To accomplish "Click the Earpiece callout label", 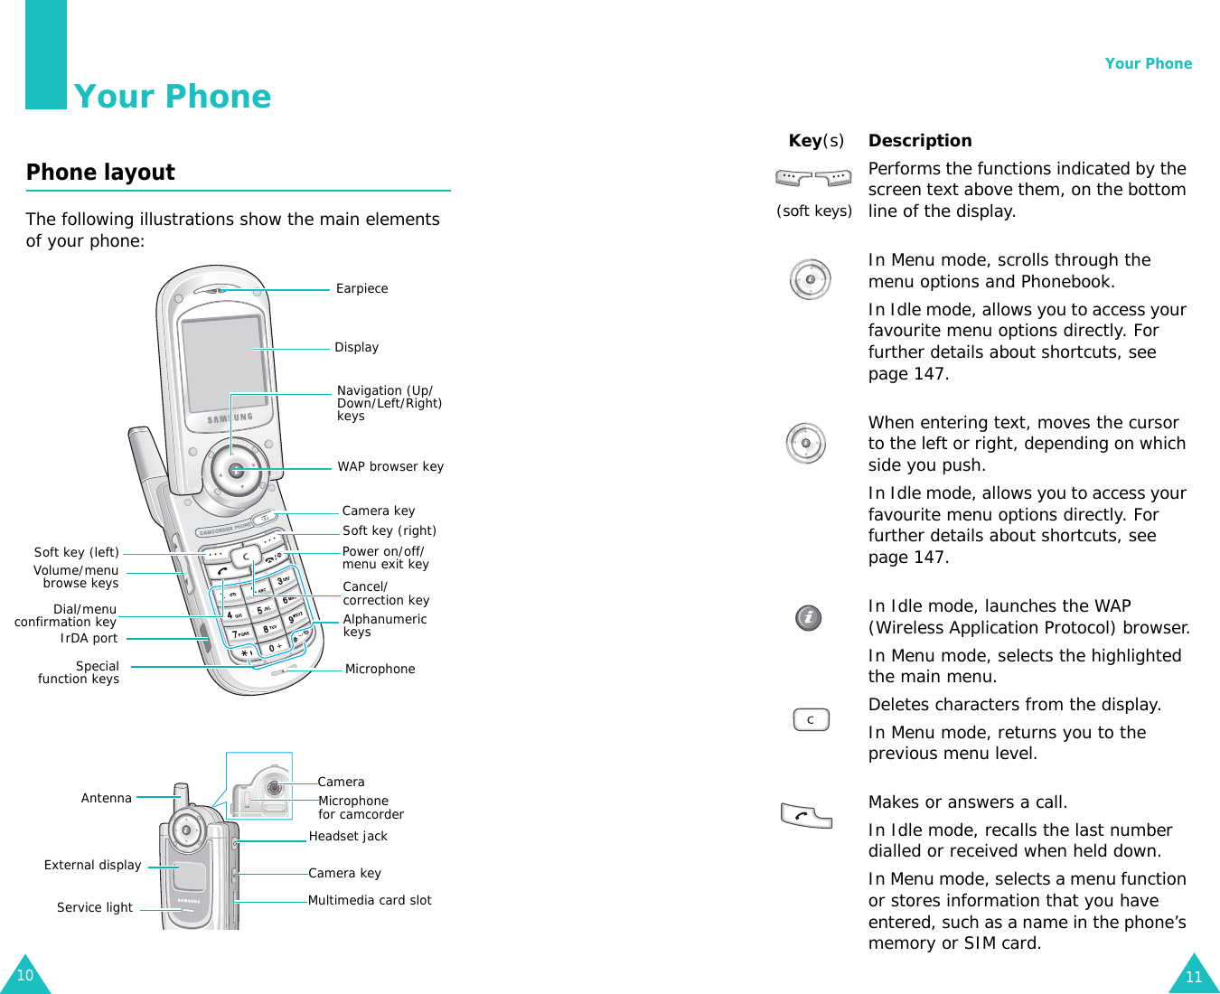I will click(361, 289).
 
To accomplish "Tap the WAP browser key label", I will click(390, 467).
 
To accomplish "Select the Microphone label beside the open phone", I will click(380, 670).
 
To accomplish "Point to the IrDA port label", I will click(89, 639).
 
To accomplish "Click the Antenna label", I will click(106, 799).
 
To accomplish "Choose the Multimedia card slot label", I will click(370, 901).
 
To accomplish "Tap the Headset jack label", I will click(348, 837).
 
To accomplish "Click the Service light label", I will click(94, 908).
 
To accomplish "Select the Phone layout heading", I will click(100, 173).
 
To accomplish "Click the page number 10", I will click(24, 976).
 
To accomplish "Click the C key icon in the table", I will click(811, 720).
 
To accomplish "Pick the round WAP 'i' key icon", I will click(808, 618).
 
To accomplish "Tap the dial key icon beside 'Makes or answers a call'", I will click(805, 815).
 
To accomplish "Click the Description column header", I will click(920, 141).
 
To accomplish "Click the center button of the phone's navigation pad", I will click(236, 470).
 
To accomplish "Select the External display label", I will click(92, 866).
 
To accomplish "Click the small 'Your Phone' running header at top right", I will click(1148, 64).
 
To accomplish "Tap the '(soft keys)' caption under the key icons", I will click(814, 211).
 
